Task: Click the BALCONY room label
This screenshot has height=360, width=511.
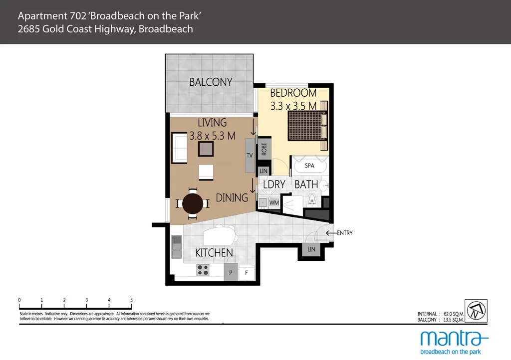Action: (x=211, y=82)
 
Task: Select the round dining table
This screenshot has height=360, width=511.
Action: (x=193, y=203)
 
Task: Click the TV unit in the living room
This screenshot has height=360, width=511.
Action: (x=250, y=155)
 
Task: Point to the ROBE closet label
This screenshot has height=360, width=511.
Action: (x=264, y=149)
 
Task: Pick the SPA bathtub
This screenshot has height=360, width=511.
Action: (x=309, y=166)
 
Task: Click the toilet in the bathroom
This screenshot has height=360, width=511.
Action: (x=312, y=199)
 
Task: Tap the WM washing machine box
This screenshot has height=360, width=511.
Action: (x=273, y=203)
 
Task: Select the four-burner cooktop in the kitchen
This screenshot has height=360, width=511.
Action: (x=203, y=270)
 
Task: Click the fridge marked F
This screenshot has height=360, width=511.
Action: (x=246, y=273)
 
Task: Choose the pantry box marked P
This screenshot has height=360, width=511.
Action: (x=231, y=273)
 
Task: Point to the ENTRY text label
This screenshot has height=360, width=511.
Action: (x=345, y=233)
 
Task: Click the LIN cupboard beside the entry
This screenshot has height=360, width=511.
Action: (x=311, y=249)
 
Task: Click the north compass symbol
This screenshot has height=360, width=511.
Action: (x=476, y=310)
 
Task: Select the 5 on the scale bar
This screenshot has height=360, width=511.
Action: (x=132, y=300)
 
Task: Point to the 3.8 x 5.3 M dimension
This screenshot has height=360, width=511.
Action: (x=212, y=135)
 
